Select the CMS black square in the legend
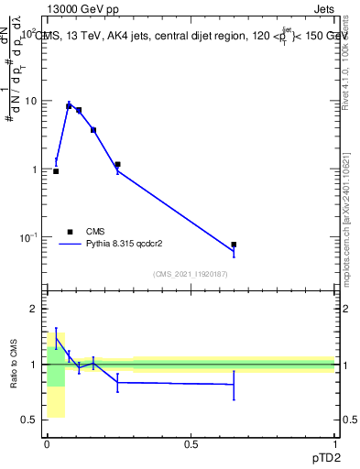[69, 232]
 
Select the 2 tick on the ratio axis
[34, 309]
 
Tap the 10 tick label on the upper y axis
[30, 101]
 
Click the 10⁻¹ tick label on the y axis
[27, 237]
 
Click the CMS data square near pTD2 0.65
[234, 245]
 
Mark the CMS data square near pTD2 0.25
[117, 165]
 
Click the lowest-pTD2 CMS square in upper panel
[56, 171]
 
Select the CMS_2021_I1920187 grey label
[191, 273]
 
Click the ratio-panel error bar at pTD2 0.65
[234, 385]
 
